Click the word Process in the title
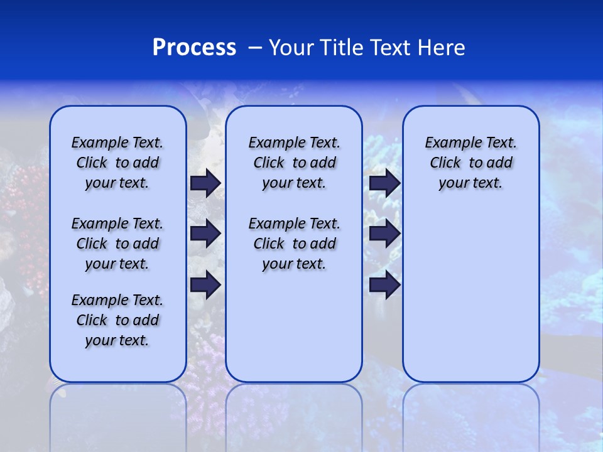194,48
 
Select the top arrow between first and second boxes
205,183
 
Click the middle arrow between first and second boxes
205,234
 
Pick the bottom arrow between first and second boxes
205,284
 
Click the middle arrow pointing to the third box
384,234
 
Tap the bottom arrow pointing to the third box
384,284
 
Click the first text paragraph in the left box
117,163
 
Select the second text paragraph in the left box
117,244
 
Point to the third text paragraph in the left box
117,320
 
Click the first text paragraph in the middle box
294,163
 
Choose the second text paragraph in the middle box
294,244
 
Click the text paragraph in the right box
471,163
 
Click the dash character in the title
254,48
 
